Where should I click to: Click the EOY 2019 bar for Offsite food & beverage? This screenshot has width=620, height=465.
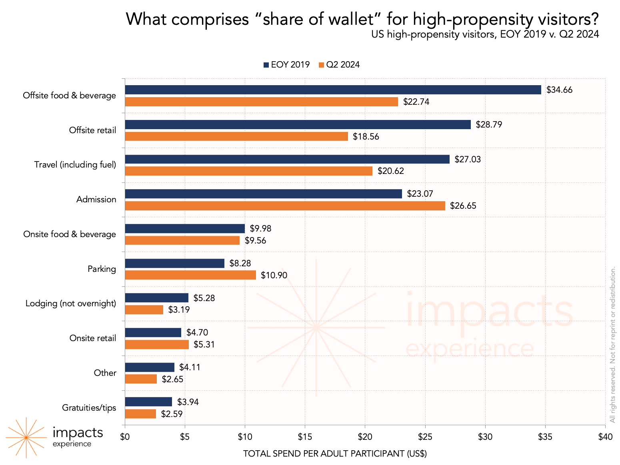tap(333, 90)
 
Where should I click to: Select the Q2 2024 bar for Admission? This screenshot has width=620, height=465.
tap(285, 206)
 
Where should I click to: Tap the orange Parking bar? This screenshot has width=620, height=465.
tap(190, 275)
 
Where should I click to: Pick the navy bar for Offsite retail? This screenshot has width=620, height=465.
tap(298, 125)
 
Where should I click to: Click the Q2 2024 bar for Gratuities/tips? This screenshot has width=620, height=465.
tap(140, 414)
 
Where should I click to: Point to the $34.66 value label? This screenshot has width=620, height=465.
tap(559, 90)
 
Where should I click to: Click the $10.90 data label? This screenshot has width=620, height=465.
tap(274, 275)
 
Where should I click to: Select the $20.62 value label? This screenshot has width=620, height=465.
tap(390, 171)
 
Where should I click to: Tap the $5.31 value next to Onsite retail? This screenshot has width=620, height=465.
tap(204, 345)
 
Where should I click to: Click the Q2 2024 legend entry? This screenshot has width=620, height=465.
tap(339, 65)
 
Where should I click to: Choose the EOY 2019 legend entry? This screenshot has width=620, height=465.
tap(286, 65)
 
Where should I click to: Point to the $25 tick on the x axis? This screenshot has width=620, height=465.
tap(425, 437)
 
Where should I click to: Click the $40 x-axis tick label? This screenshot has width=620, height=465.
tap(605, 437)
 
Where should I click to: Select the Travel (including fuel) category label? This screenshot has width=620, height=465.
tap(75, 165)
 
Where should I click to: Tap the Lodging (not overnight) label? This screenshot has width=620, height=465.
tap(71, 303)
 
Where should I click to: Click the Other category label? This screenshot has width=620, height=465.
tap(105, 373)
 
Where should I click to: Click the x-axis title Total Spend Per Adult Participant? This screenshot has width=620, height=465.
tap(335, 454)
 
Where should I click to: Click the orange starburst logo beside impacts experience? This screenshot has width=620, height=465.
tap(26, 437)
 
